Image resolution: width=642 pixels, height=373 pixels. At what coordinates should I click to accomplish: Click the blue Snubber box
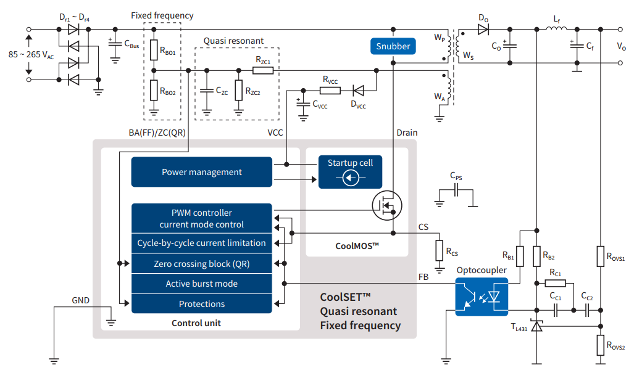point(393,46)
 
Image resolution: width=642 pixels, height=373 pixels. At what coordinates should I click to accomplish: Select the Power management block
point(201,172)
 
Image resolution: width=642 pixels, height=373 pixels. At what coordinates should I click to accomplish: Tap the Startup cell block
point(350,172)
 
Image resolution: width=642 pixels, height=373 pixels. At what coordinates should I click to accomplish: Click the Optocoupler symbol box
point(482,297)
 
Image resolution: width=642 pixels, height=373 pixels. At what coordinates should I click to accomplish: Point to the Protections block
point(201,304)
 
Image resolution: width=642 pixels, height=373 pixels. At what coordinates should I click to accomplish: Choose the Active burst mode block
point(201,284)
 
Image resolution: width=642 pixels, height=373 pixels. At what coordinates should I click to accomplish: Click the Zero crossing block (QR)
point(201,264)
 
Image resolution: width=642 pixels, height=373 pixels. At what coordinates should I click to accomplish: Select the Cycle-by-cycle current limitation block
point(201,243)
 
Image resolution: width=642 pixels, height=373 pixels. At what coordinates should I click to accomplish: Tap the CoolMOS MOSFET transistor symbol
point(387,205)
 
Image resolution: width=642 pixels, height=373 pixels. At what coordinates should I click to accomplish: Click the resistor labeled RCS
point(440,251)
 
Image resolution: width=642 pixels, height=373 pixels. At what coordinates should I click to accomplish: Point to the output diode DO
point(483,30)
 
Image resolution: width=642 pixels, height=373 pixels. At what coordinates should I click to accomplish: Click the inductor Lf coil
point(556,28)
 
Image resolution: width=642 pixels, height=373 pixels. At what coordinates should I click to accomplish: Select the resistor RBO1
point(154,50)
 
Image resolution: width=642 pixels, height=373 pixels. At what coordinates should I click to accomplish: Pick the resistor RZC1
point(263,70)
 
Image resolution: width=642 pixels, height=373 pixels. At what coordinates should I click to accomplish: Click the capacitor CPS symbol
point(456,190)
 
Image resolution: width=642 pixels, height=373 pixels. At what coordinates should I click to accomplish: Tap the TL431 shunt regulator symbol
point(537,326)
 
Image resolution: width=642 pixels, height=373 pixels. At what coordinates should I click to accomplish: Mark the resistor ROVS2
point(600,345)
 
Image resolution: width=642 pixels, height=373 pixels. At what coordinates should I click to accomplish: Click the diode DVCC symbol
point(358,91)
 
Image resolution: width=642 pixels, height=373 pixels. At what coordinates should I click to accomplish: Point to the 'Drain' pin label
point(407,133)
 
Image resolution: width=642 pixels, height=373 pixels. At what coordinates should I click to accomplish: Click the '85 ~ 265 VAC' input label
point(31,55)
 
